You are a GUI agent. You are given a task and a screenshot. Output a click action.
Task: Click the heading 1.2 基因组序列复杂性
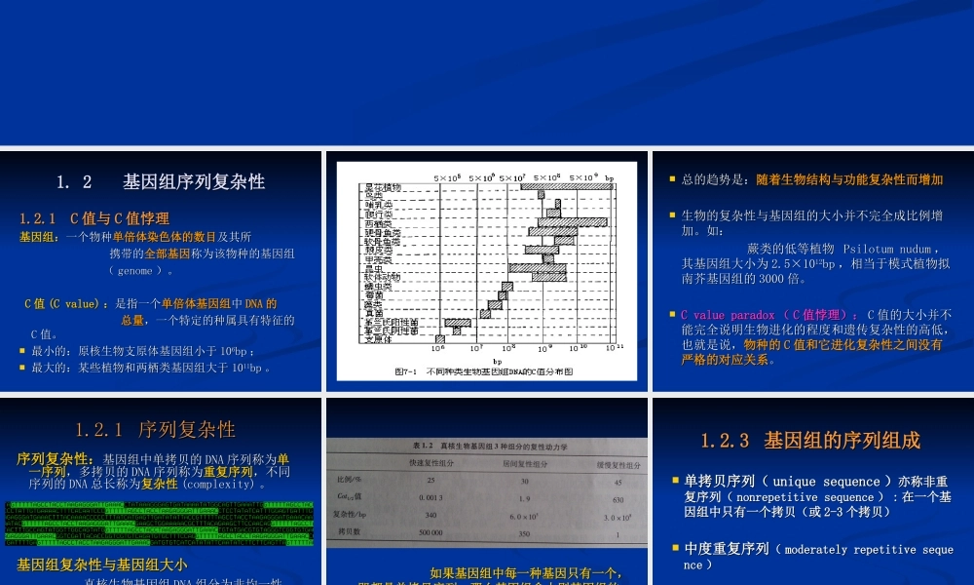(x=161, y=181)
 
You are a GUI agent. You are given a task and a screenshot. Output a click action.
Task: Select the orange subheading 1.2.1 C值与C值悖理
(x=94, y=218)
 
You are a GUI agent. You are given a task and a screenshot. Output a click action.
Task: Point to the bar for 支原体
(x=440, y=338)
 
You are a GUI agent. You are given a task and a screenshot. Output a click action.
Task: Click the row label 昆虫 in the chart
(x=374, y=267)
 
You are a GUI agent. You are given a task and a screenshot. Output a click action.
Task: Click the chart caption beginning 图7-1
(x=483, y=371)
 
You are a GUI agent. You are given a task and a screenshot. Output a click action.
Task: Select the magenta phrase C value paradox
(x=727, y=315)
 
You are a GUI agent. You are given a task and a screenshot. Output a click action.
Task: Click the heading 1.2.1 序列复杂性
(x=156, y=429)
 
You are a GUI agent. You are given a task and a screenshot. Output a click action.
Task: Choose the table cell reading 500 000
(x=431, y=532)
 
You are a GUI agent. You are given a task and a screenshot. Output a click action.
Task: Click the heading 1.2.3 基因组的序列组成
(x=810, y=441)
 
